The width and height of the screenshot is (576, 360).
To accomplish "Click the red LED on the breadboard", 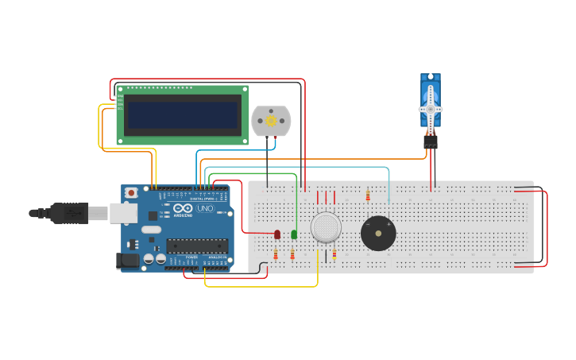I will [x=277, y=234].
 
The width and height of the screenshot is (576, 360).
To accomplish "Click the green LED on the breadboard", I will [x=294, y=234].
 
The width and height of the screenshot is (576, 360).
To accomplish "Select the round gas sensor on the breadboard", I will [x=326, y=227].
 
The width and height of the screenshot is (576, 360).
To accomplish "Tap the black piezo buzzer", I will [x=378, y=234].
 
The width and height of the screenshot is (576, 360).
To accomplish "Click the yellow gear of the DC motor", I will [x=271, y=121].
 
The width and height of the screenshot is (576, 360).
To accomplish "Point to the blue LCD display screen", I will [x=183, y=114].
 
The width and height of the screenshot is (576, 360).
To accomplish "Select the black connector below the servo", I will [x=431, y=141].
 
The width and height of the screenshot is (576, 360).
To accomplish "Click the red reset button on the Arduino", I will [x=131, y=193].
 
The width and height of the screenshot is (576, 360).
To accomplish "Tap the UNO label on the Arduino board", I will [x=205, y=208].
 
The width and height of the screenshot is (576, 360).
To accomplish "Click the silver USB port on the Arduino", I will [x=122, y=212].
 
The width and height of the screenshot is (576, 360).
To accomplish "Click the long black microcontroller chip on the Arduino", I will [x=196, y=246].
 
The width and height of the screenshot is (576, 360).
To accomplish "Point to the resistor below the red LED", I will [x=276, y=254].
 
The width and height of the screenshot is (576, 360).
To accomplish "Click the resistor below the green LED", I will [x=292, y=254].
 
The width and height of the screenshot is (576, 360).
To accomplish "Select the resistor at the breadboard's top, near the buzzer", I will [x=368, y=195].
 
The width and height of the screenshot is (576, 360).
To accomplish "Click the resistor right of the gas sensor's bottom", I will [x=334, y=254].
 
